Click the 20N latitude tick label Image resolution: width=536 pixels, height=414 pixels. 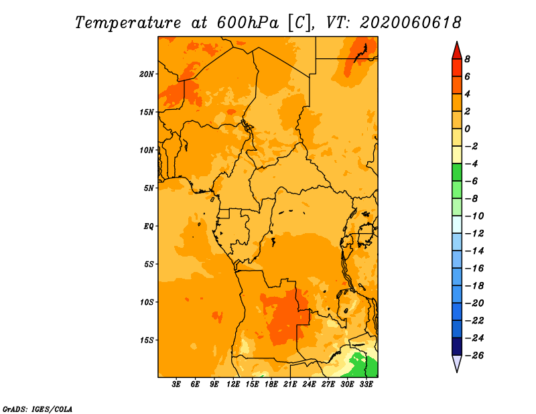click(x=147, y=74)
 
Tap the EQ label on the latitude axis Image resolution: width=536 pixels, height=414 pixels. click(x=149, y=226)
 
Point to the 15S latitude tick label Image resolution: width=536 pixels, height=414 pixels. click(x=147, y=340)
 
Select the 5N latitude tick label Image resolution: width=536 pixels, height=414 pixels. click(x=149, y=188)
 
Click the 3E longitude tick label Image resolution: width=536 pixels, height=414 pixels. click(x=176, y=385)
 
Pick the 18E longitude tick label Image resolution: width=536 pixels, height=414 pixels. click(x=271, y=385)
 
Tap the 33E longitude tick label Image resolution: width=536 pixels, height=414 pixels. click(x=366, y=385)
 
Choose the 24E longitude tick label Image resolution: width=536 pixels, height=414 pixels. click(x=309, y=385)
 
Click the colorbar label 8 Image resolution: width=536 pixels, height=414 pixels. click(x=467, y=59)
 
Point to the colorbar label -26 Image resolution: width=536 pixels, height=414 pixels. click(x=474, y=356)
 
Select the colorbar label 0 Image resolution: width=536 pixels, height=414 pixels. click(x=467, y=129)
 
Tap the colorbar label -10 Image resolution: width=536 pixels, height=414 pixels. click(x=474, y=216)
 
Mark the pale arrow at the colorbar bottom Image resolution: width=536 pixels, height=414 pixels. click(x=457, y=363)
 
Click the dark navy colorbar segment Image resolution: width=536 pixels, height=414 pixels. click(x=457, y=346)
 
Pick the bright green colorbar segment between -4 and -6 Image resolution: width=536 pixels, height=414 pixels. click(x=457, y=172)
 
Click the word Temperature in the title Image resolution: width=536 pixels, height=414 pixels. click(x=127, y=23)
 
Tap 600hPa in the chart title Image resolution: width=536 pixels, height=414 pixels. click(x=247, y=23)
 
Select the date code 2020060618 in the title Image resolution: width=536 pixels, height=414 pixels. click(x=410, y=23)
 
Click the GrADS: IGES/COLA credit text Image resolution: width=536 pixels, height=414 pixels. click(x=38, y=409)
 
